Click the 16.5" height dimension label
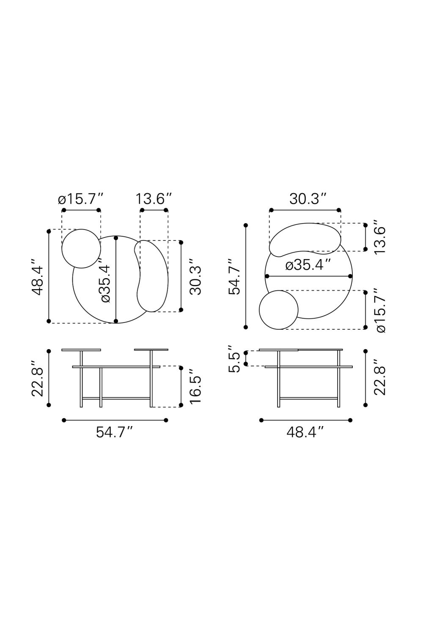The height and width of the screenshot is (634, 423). point(195,385)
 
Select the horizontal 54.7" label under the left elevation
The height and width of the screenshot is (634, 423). point(115,432)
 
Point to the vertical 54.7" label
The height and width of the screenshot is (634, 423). point(234,276)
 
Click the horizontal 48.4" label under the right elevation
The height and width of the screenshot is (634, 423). point(305,432)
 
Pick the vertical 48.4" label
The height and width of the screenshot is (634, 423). point(37,276)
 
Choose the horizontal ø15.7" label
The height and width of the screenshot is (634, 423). point(81,199)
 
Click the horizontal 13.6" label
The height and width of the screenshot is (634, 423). point(154,199)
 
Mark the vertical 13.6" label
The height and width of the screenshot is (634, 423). point(380,237)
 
